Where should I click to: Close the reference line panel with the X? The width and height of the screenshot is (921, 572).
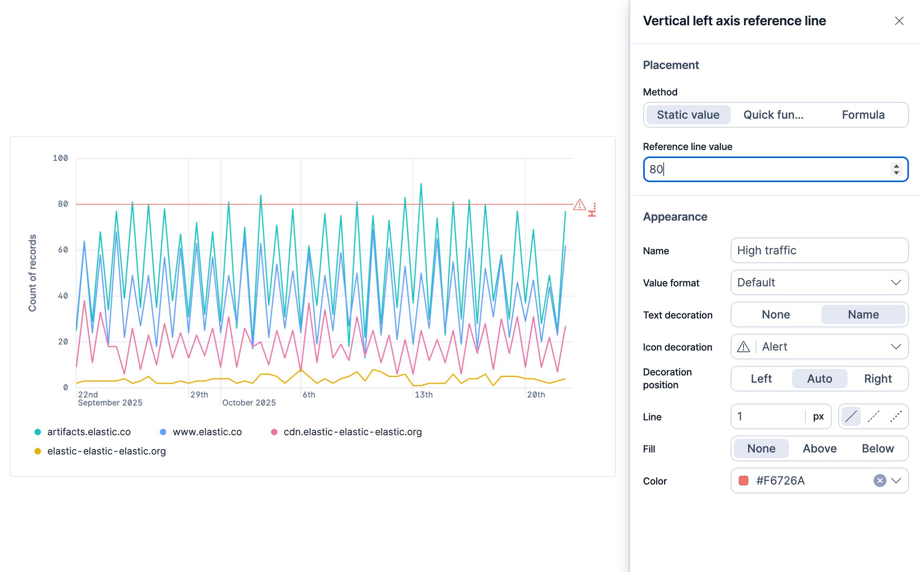pyautogui.click(x=899, y=21)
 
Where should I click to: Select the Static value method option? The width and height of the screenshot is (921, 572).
pyautogui.click(x=688, y=115)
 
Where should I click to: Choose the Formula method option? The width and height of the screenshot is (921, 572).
pyautogui.click(x=863, y=115)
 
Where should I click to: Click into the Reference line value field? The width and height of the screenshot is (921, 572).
pyautogui.click(x=767, y=169)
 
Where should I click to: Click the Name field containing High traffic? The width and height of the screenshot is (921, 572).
pyautogui.click(x=819, y=250)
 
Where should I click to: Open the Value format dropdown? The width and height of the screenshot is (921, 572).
pyautogui.click(x=819, y=282)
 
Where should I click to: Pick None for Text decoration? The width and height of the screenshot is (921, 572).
pyautogui.click(x=776, y=314)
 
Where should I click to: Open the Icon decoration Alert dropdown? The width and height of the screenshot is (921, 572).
pyautogui.click(x=819, y=347)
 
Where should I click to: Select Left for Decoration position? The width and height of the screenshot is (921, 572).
pyautogui.click(x=761, y=379)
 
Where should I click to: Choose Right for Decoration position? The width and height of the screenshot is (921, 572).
pyautogui.click(x=878, y=379)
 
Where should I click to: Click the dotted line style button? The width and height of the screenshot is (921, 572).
pyautogui.click(x=896, y=416)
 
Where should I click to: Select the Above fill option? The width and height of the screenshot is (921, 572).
pyautogui.click(x=820, y=448)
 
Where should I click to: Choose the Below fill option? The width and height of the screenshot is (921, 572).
pyautogui.click(x=878, y=448)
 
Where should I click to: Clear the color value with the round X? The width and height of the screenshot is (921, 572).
pyautogui.click(x=880, y=481)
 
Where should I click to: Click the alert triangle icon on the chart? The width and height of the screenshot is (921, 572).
pyautogui.click(x=579, y=205)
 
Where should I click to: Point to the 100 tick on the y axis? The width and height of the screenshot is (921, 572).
pyautogui.click(x=60, y=158)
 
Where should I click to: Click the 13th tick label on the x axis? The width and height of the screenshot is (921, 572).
pyautogui.click(x=424, y=395)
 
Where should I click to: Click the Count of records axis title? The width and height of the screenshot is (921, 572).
pyautogui.click(x=33, y=273)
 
